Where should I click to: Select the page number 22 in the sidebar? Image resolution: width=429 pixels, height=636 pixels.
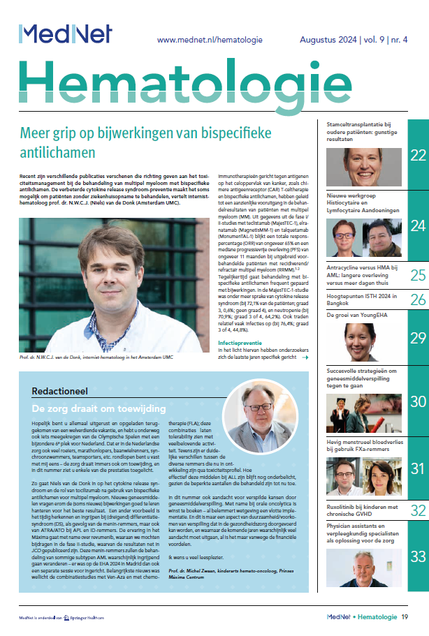coord(418,155)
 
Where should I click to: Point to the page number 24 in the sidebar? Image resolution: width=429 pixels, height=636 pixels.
coord(418,226)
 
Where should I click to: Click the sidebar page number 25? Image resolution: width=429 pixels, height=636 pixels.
coord(418,275)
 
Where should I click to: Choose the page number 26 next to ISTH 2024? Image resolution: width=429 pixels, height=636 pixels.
coord(418,300)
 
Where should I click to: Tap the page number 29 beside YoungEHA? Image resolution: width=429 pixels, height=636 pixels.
coord(418,338)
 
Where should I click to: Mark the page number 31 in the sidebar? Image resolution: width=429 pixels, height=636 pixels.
coord(418,468)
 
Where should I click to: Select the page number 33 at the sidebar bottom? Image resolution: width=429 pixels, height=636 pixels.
coord(418,556)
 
